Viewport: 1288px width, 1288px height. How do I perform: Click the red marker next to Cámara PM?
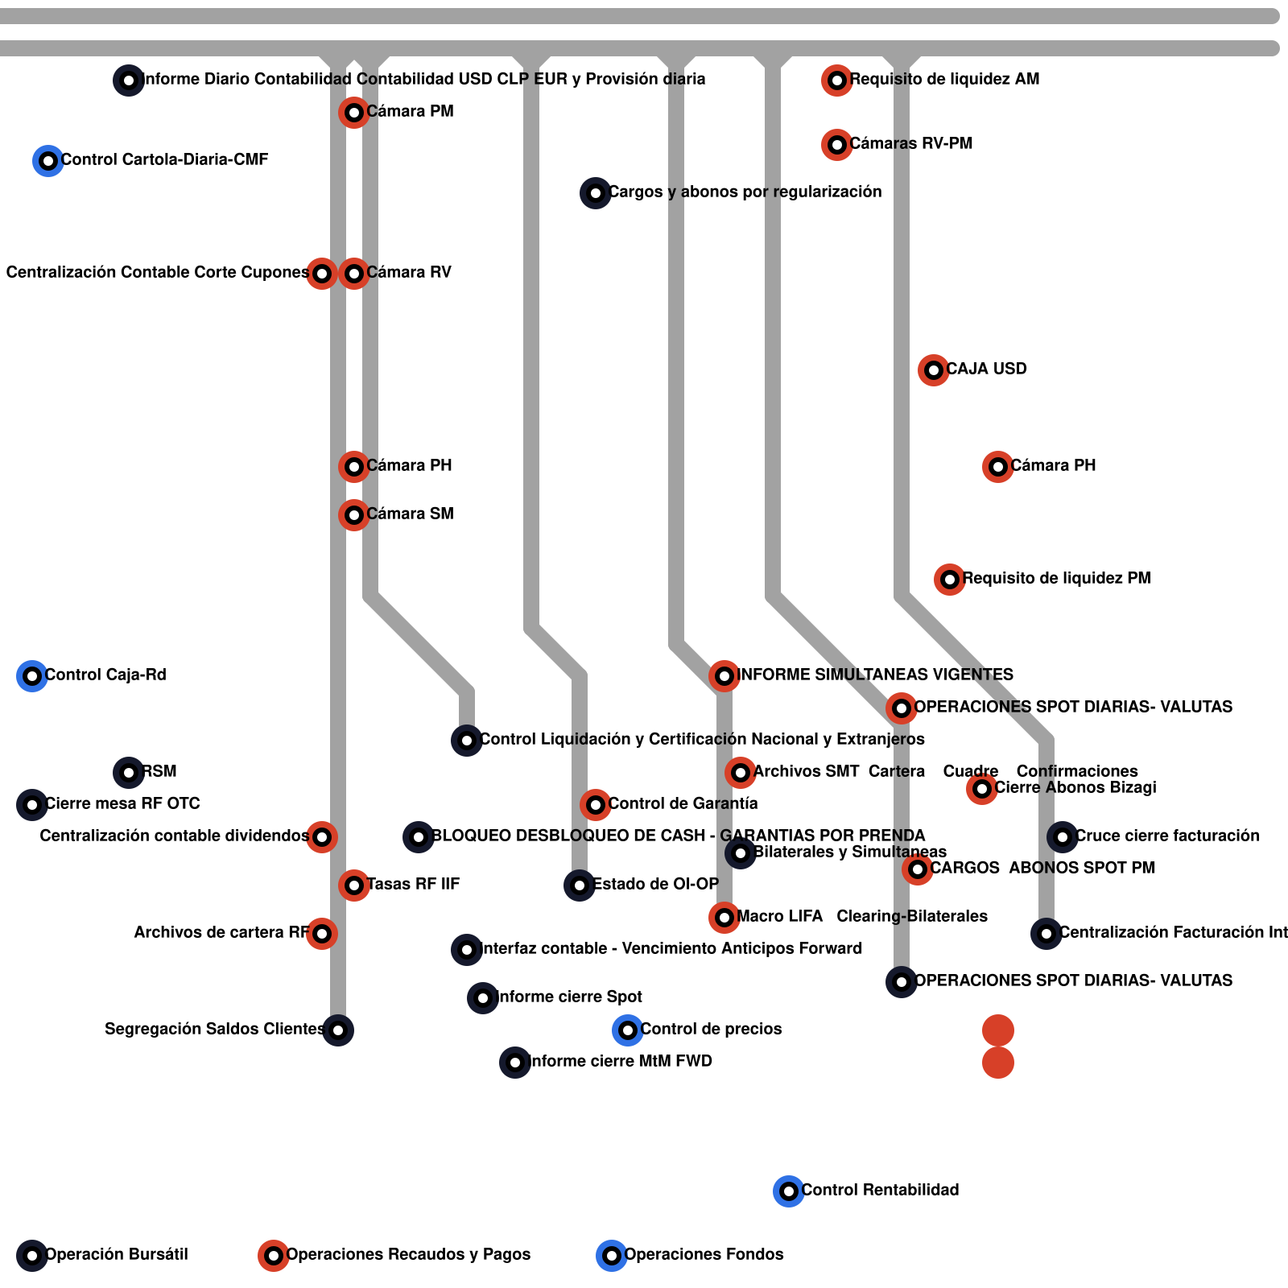[353, 112]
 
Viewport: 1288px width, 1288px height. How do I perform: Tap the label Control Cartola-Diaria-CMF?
[164, 159]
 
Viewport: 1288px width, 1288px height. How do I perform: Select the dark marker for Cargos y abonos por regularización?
[595, 192]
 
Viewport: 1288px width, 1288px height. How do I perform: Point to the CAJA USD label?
[986, 369]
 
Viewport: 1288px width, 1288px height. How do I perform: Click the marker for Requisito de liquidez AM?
[836, 80]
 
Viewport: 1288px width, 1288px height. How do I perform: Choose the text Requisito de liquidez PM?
[1056, 578]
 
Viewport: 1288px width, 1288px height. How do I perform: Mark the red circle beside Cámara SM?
[353, 514]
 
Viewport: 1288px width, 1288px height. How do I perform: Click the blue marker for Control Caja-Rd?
[31, 675]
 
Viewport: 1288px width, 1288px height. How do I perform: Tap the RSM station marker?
[128, 772]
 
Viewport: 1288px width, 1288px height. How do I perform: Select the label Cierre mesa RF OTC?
[122, 803]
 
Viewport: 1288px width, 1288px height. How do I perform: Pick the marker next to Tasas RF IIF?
[353, 885]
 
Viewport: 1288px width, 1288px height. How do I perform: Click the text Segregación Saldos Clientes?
[214, 1029]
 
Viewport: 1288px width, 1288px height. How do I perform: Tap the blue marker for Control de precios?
[627, 1030]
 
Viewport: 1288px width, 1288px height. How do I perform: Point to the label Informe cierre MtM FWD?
[621, 1061]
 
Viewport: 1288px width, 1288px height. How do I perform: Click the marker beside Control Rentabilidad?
[788, 1191]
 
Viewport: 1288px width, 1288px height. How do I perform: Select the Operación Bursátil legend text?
[117, 1254]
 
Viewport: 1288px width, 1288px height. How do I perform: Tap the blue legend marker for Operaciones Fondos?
[611, 1255]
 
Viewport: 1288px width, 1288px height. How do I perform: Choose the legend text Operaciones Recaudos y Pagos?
[408, 1254]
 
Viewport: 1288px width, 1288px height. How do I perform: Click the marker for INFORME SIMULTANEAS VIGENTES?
[724, 675]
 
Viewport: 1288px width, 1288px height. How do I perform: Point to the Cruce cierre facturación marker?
[1062, 836]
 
